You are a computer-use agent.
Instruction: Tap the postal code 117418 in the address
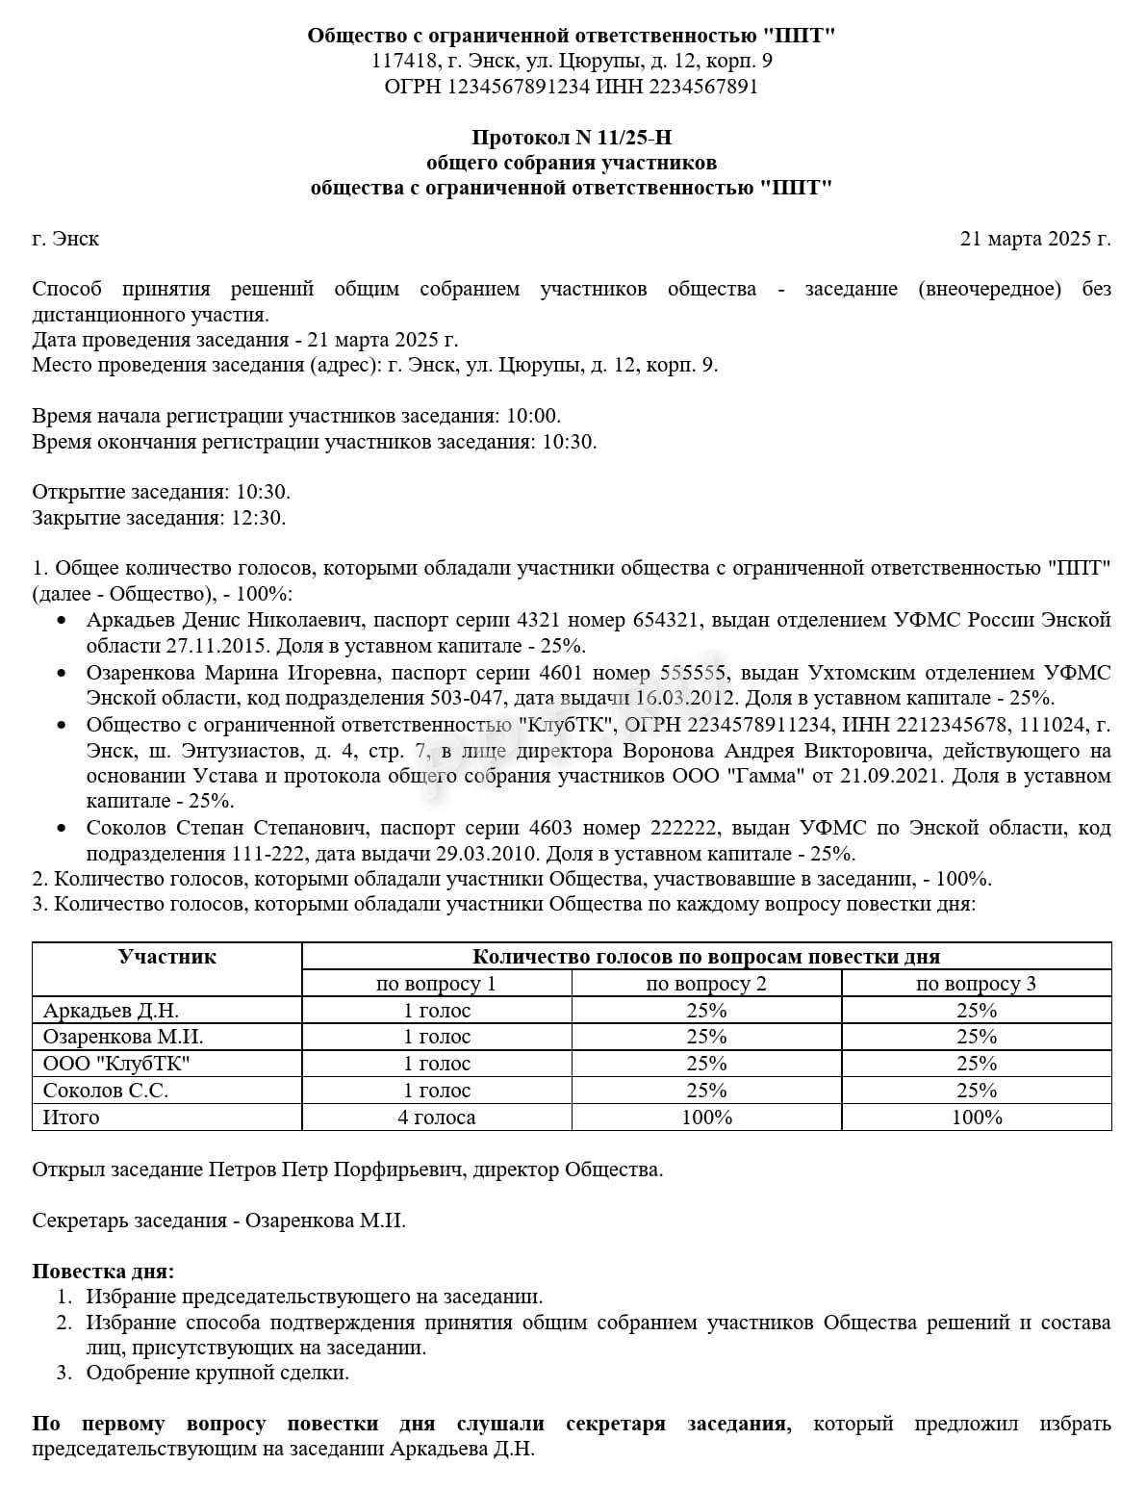tap(402, 62)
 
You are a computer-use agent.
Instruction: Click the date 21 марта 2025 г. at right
tap(1035, 238)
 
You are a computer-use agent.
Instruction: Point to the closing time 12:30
tap(259, 518)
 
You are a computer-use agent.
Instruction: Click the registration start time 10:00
tap(532, 416)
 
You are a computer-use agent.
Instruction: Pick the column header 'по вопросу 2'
tap(705, 984)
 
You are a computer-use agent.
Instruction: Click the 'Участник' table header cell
tap(166, 957)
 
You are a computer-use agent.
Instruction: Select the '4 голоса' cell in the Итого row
tap(436, 1118)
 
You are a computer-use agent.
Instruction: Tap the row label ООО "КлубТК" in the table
tap(116, 1064)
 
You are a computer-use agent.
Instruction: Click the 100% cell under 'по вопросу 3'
tap(976, 1118)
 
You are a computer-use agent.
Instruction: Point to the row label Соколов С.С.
tap(106, 1091)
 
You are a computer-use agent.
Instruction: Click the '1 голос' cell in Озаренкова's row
tap(436, 1037)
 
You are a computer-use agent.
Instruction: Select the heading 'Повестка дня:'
tap(103, 1272)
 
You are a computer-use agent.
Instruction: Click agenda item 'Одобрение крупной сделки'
tap(217, 1373)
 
